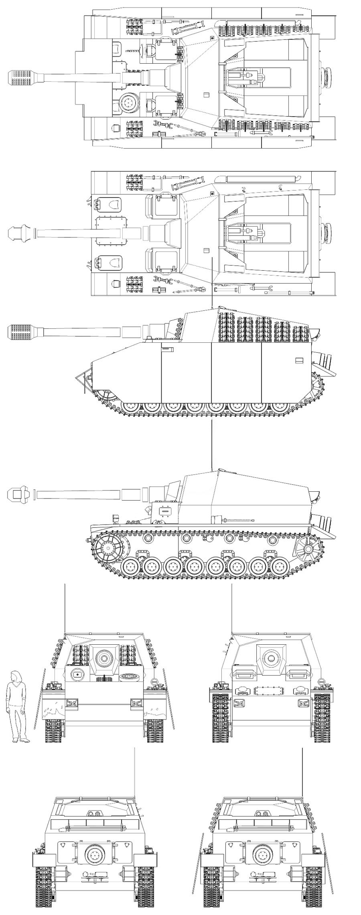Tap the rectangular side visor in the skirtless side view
164,511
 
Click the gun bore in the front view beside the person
104,657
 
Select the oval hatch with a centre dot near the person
76,675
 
